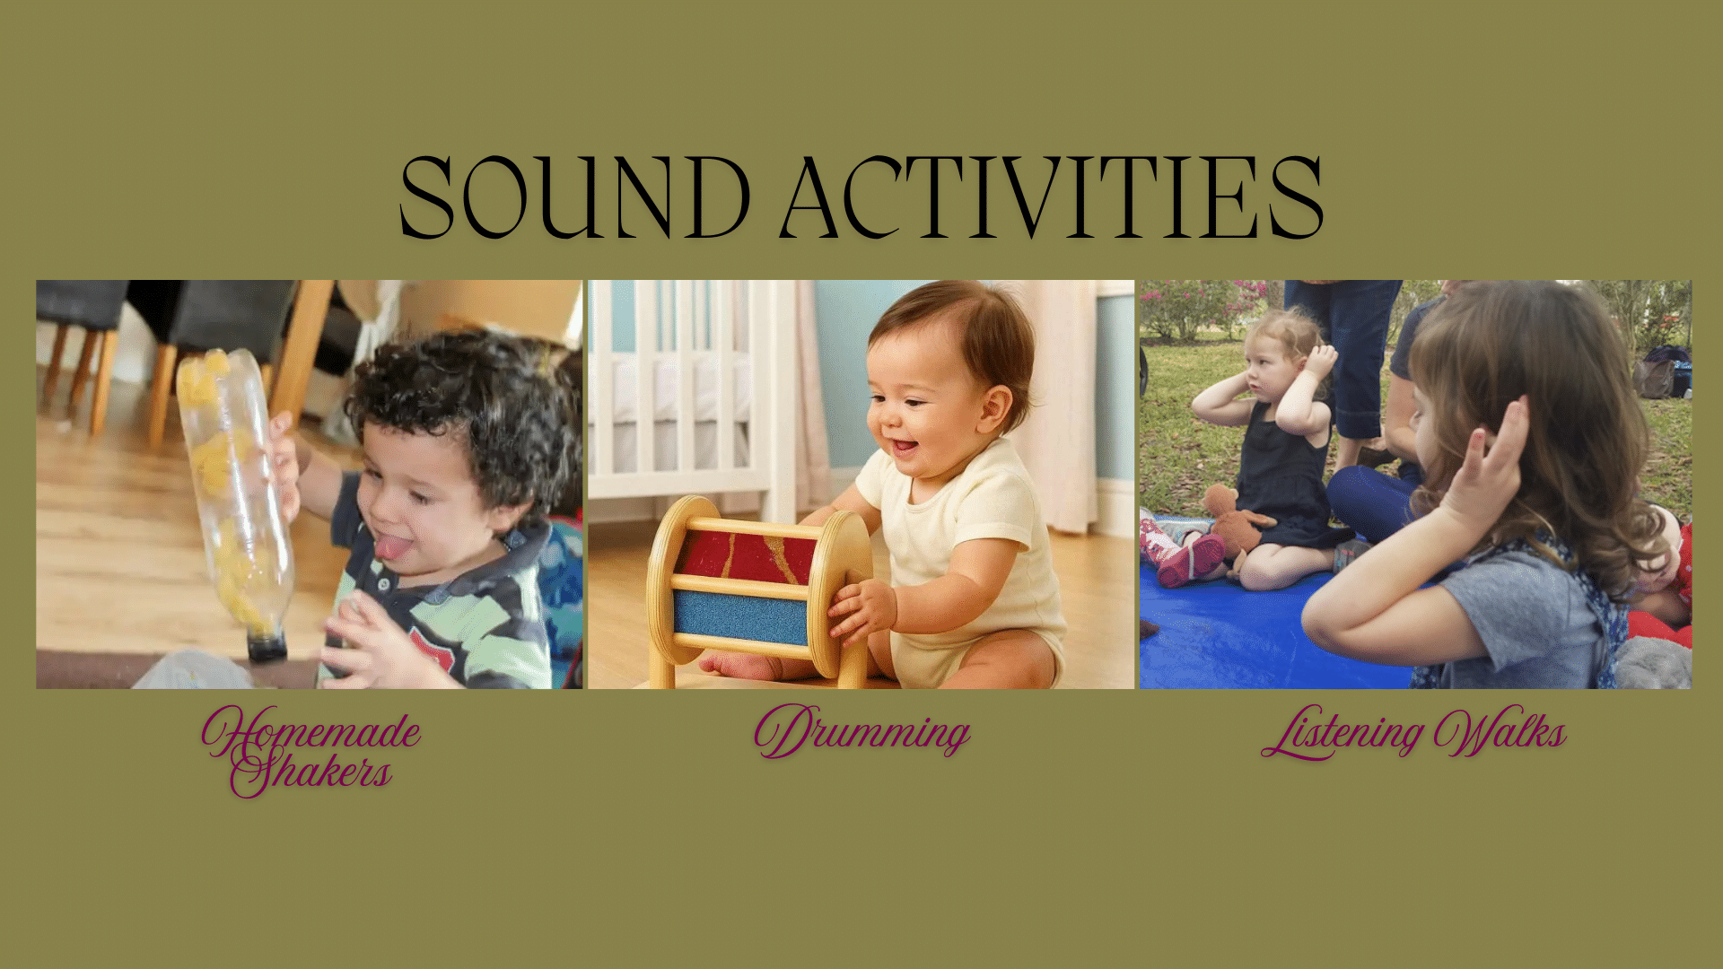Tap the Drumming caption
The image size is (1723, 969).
861,732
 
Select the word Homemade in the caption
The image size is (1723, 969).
311,730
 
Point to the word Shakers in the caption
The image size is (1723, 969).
311,773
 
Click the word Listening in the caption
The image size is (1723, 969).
1341,734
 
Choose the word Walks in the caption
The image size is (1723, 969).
1500,732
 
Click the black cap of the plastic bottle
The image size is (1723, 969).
267,645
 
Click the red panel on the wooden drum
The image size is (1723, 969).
745,557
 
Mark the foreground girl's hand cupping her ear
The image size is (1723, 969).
1490,467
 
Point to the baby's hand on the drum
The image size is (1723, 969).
861,610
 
